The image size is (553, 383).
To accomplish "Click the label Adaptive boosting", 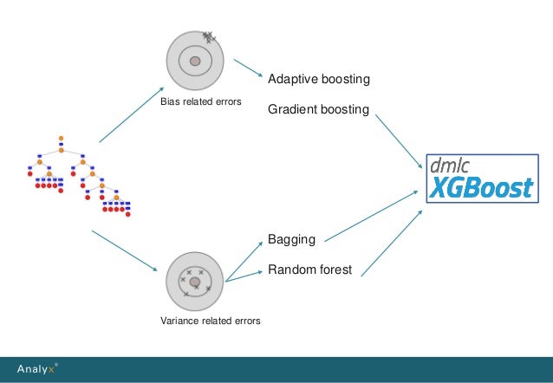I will click(319, 80).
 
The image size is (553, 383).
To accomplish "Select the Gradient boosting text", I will click(319, 111).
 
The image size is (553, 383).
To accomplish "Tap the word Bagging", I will click(291, 238).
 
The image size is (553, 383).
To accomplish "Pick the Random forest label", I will click(309, 270).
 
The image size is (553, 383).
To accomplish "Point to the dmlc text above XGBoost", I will click(452, 164).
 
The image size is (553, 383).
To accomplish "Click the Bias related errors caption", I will click(199, 103).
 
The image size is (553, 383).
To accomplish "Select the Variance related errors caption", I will click(211, 321).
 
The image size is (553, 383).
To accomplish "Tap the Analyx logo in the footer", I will click(40, 369).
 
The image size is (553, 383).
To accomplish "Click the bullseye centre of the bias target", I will click(196, 61).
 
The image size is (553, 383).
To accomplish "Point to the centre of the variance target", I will click(196, 282).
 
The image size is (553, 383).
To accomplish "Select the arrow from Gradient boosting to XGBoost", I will click(400, 141).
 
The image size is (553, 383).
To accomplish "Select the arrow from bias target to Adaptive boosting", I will click(247, 74).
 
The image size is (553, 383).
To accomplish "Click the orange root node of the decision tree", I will click(61, 138).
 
